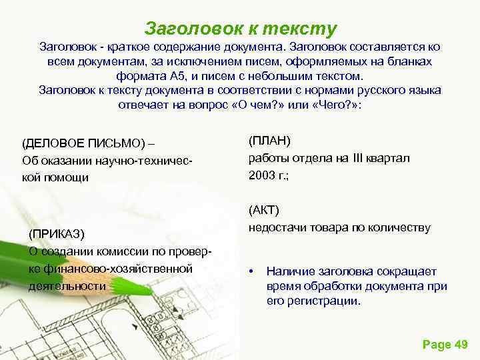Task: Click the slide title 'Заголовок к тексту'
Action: pos(241,29)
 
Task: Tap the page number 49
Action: pos(461,344)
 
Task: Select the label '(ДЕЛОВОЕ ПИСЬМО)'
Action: pos(83,143)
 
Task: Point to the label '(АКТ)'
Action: pos(265,211)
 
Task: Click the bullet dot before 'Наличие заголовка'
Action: pos(251,271)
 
